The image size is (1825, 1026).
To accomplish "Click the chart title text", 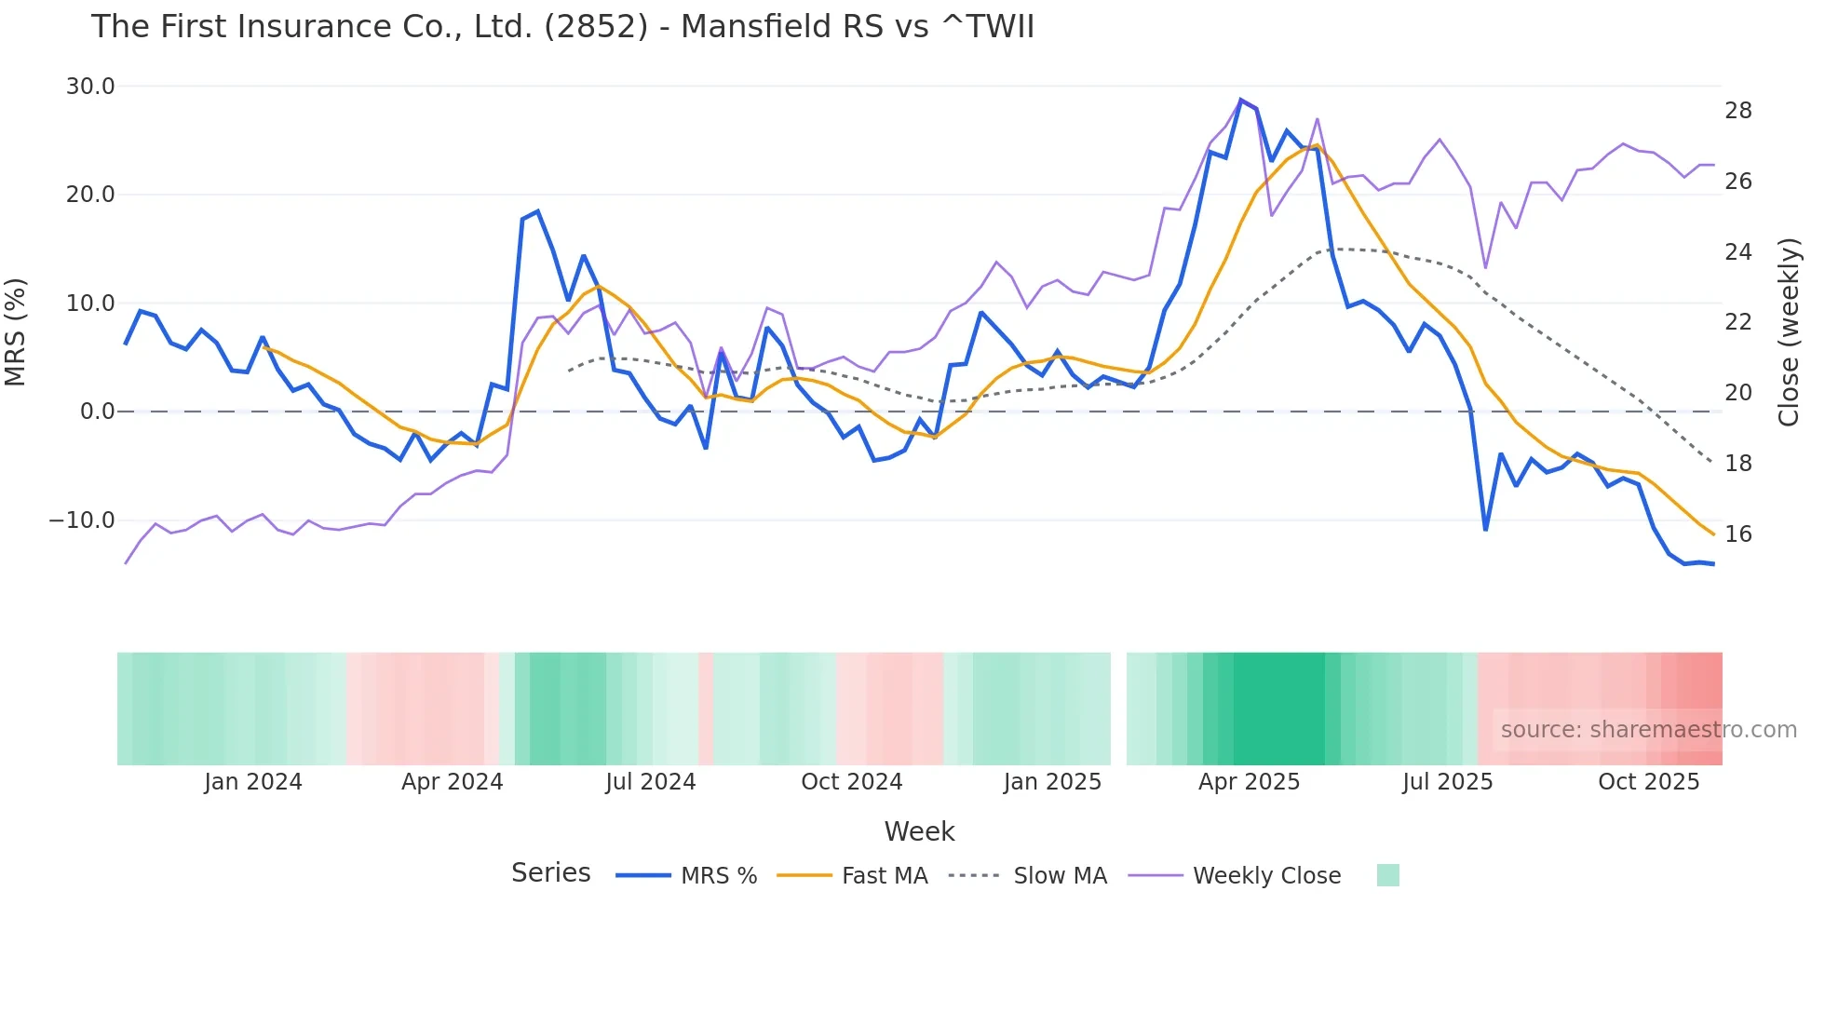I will click(562, 27).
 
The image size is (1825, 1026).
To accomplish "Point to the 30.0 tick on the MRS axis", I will click(90, 87).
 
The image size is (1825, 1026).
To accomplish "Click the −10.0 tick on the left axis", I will click(82, 520).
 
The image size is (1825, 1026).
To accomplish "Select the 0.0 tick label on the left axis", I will click(97, 412).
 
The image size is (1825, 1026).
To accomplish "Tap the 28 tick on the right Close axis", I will click(1737, 111).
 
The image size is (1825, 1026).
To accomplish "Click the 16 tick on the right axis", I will click(1737, 534).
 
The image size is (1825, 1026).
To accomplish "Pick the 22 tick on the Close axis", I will click(1737, 322).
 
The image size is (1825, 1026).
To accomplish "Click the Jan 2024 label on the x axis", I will click(253, 782).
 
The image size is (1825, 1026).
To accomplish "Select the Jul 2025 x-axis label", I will click(1447, 782).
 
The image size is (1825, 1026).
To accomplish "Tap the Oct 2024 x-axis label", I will click(851, 782).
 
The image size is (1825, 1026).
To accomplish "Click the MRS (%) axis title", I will click(16, 332).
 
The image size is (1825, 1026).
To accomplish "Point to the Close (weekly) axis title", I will click(1789, 332).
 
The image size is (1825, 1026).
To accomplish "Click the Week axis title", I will click(919, 831).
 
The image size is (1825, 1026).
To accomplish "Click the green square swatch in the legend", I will click(1387, 875).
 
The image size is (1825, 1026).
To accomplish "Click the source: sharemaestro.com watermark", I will click(1648, 730).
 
